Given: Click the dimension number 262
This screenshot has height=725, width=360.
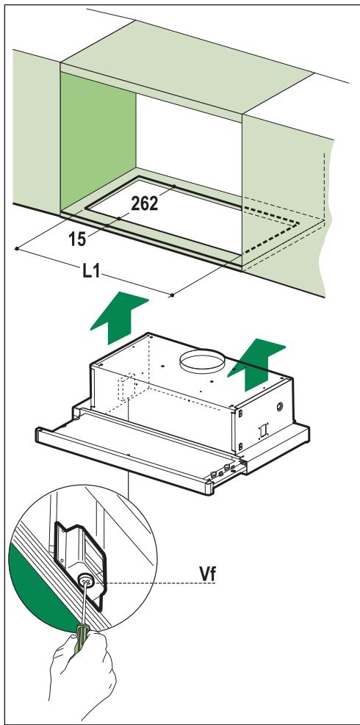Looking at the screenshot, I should pyautogui.click(x=144, y=204).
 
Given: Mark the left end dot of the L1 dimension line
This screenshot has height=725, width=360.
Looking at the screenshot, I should pyautogui.click(x=15, y=249).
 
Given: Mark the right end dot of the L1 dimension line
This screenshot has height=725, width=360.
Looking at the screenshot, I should pyautogui.click(x=171, y=295).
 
